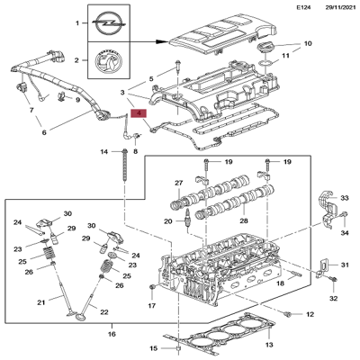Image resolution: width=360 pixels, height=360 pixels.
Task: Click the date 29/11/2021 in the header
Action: tap(332, 8)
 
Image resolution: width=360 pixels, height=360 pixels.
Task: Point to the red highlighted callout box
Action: tap(138, 113)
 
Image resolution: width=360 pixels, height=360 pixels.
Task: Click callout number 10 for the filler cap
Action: tap(306, 43)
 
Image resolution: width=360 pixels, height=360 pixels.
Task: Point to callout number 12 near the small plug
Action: tap(310, 314)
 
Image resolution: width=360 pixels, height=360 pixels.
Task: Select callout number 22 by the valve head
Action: tap(103, 311)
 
